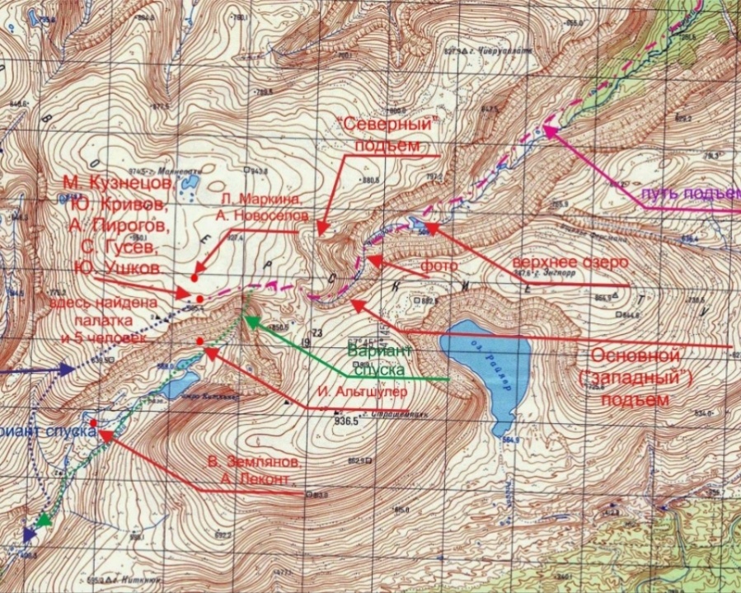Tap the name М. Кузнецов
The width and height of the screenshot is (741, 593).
(124, 182)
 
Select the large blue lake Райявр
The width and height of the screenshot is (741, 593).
(487, 371)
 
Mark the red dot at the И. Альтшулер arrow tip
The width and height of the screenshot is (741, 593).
(200, 341)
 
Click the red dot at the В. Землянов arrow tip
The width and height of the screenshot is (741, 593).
(93, 423)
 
